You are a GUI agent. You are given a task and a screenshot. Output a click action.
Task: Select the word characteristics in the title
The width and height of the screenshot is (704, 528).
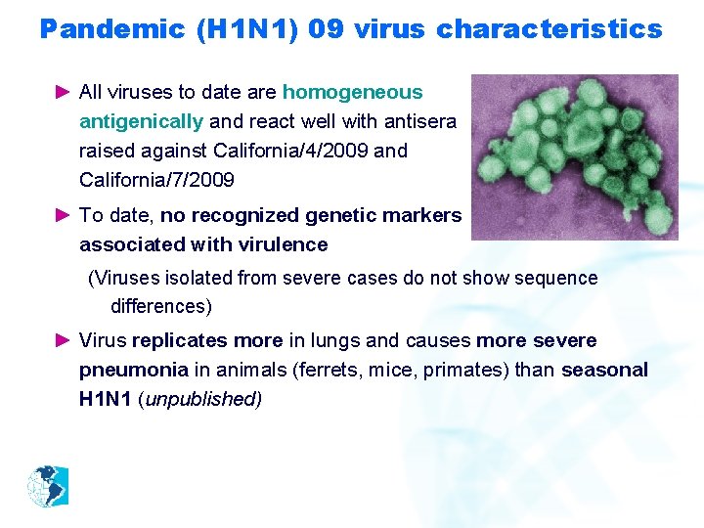coord(549,29)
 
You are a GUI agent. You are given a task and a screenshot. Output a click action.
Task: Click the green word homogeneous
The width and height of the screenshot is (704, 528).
coord(352,93)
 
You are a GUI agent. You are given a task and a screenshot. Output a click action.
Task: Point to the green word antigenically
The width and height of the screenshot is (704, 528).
coord(141,122)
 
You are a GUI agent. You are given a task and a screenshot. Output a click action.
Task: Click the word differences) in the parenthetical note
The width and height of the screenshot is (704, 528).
coord(160,307)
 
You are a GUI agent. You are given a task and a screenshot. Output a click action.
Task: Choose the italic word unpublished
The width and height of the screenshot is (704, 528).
coord(203,400)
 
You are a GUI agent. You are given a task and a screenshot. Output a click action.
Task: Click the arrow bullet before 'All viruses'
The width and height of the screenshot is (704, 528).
coord(64,93)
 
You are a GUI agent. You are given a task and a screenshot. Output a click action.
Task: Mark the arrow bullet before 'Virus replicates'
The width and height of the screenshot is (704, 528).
coord(64,341)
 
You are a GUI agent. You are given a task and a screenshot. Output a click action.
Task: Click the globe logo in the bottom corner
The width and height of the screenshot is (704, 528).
coord(47,487)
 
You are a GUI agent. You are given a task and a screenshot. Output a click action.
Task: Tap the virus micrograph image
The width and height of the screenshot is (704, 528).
coord(574,156)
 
